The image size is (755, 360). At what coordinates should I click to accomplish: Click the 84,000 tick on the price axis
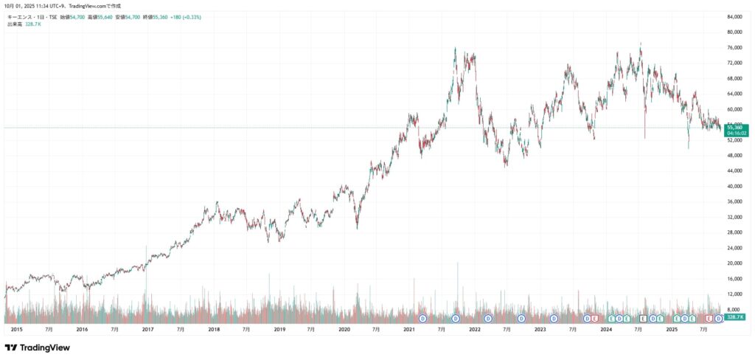click(734, 17)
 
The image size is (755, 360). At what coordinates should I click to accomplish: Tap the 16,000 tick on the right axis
click(734, 279)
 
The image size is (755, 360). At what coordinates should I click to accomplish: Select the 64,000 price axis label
click(734, 94)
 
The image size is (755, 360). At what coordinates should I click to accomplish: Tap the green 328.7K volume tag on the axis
click(735, 316)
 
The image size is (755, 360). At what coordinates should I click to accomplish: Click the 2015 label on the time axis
click(17, 329)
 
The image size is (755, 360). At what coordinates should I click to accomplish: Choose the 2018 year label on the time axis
click(213, 329)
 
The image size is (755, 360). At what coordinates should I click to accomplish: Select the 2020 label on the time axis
click(344, 329)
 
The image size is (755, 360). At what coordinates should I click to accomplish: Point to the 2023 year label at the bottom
click(540, 329)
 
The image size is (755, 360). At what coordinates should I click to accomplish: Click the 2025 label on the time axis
click(672, 329)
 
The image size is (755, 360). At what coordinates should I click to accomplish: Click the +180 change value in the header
click(179, 16)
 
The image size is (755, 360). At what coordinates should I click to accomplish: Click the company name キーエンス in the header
click(20, 16)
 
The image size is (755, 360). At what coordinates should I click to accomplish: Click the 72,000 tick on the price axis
click(734, 63)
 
